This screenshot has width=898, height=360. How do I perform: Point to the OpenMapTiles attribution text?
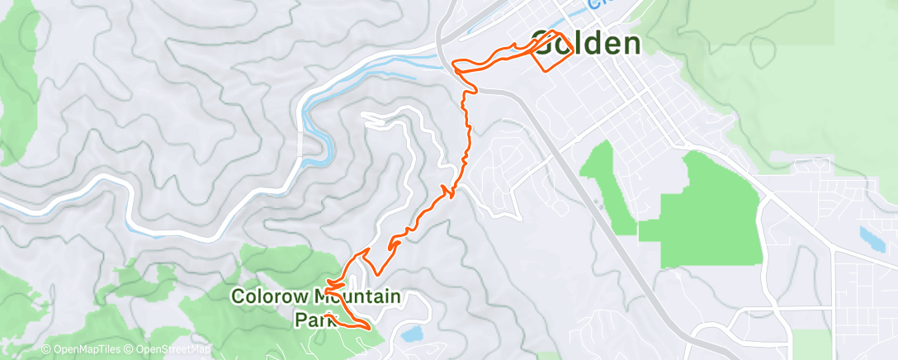point(88,349)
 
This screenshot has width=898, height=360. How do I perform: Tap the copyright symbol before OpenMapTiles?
point(46,349)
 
